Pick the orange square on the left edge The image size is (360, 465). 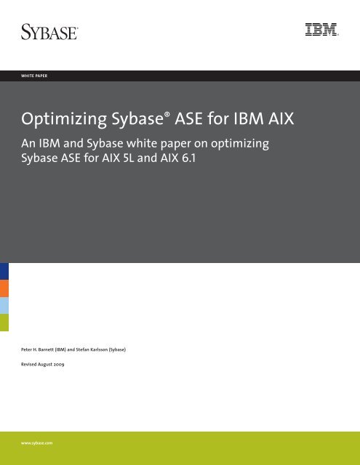coord(4,288)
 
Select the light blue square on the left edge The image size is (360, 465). coord(4,305)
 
